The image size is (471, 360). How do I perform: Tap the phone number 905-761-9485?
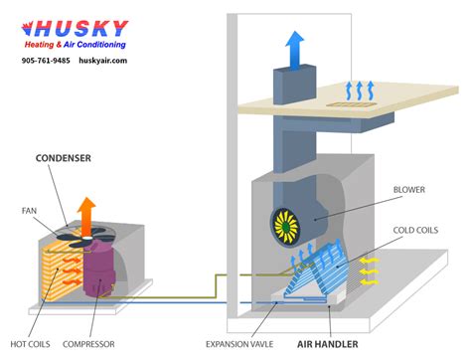pyautogui.click(x=46, y=61)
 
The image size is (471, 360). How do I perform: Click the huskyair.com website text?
pyautogui.click(x=103, y=61)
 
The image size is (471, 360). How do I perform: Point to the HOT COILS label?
pyautogui.click(x=31, y=344)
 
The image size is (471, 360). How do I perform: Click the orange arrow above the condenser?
pyautogui.click(x=86, y=214)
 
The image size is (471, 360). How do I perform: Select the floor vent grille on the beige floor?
pyautogui.click(x=354, y=102)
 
